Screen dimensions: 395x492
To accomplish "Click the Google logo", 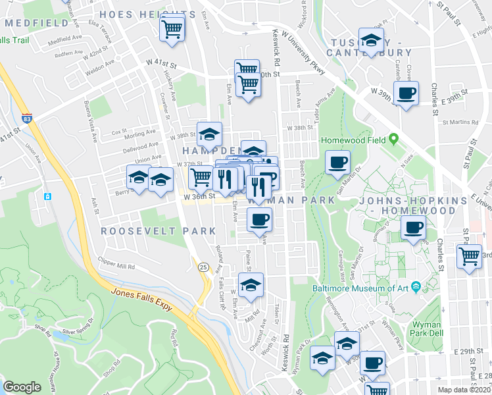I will coord(22,387).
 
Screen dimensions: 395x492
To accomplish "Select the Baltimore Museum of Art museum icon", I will coord(416,287).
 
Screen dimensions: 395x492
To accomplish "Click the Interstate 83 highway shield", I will coord(26,118).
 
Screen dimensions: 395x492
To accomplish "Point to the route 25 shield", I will coord(204,267).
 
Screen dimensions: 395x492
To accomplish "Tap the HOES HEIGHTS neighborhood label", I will coord(146,14).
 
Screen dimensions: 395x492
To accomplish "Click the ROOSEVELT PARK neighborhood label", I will coord(159,231).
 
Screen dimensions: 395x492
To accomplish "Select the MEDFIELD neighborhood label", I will coord(37,22).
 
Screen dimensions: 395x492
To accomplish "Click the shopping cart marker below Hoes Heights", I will coord(172,28).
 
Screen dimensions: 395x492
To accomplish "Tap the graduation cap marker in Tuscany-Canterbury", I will coord(371,41).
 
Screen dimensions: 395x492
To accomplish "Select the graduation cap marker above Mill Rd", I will coord(251,285).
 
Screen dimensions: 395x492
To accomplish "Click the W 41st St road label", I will coord(162,63).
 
